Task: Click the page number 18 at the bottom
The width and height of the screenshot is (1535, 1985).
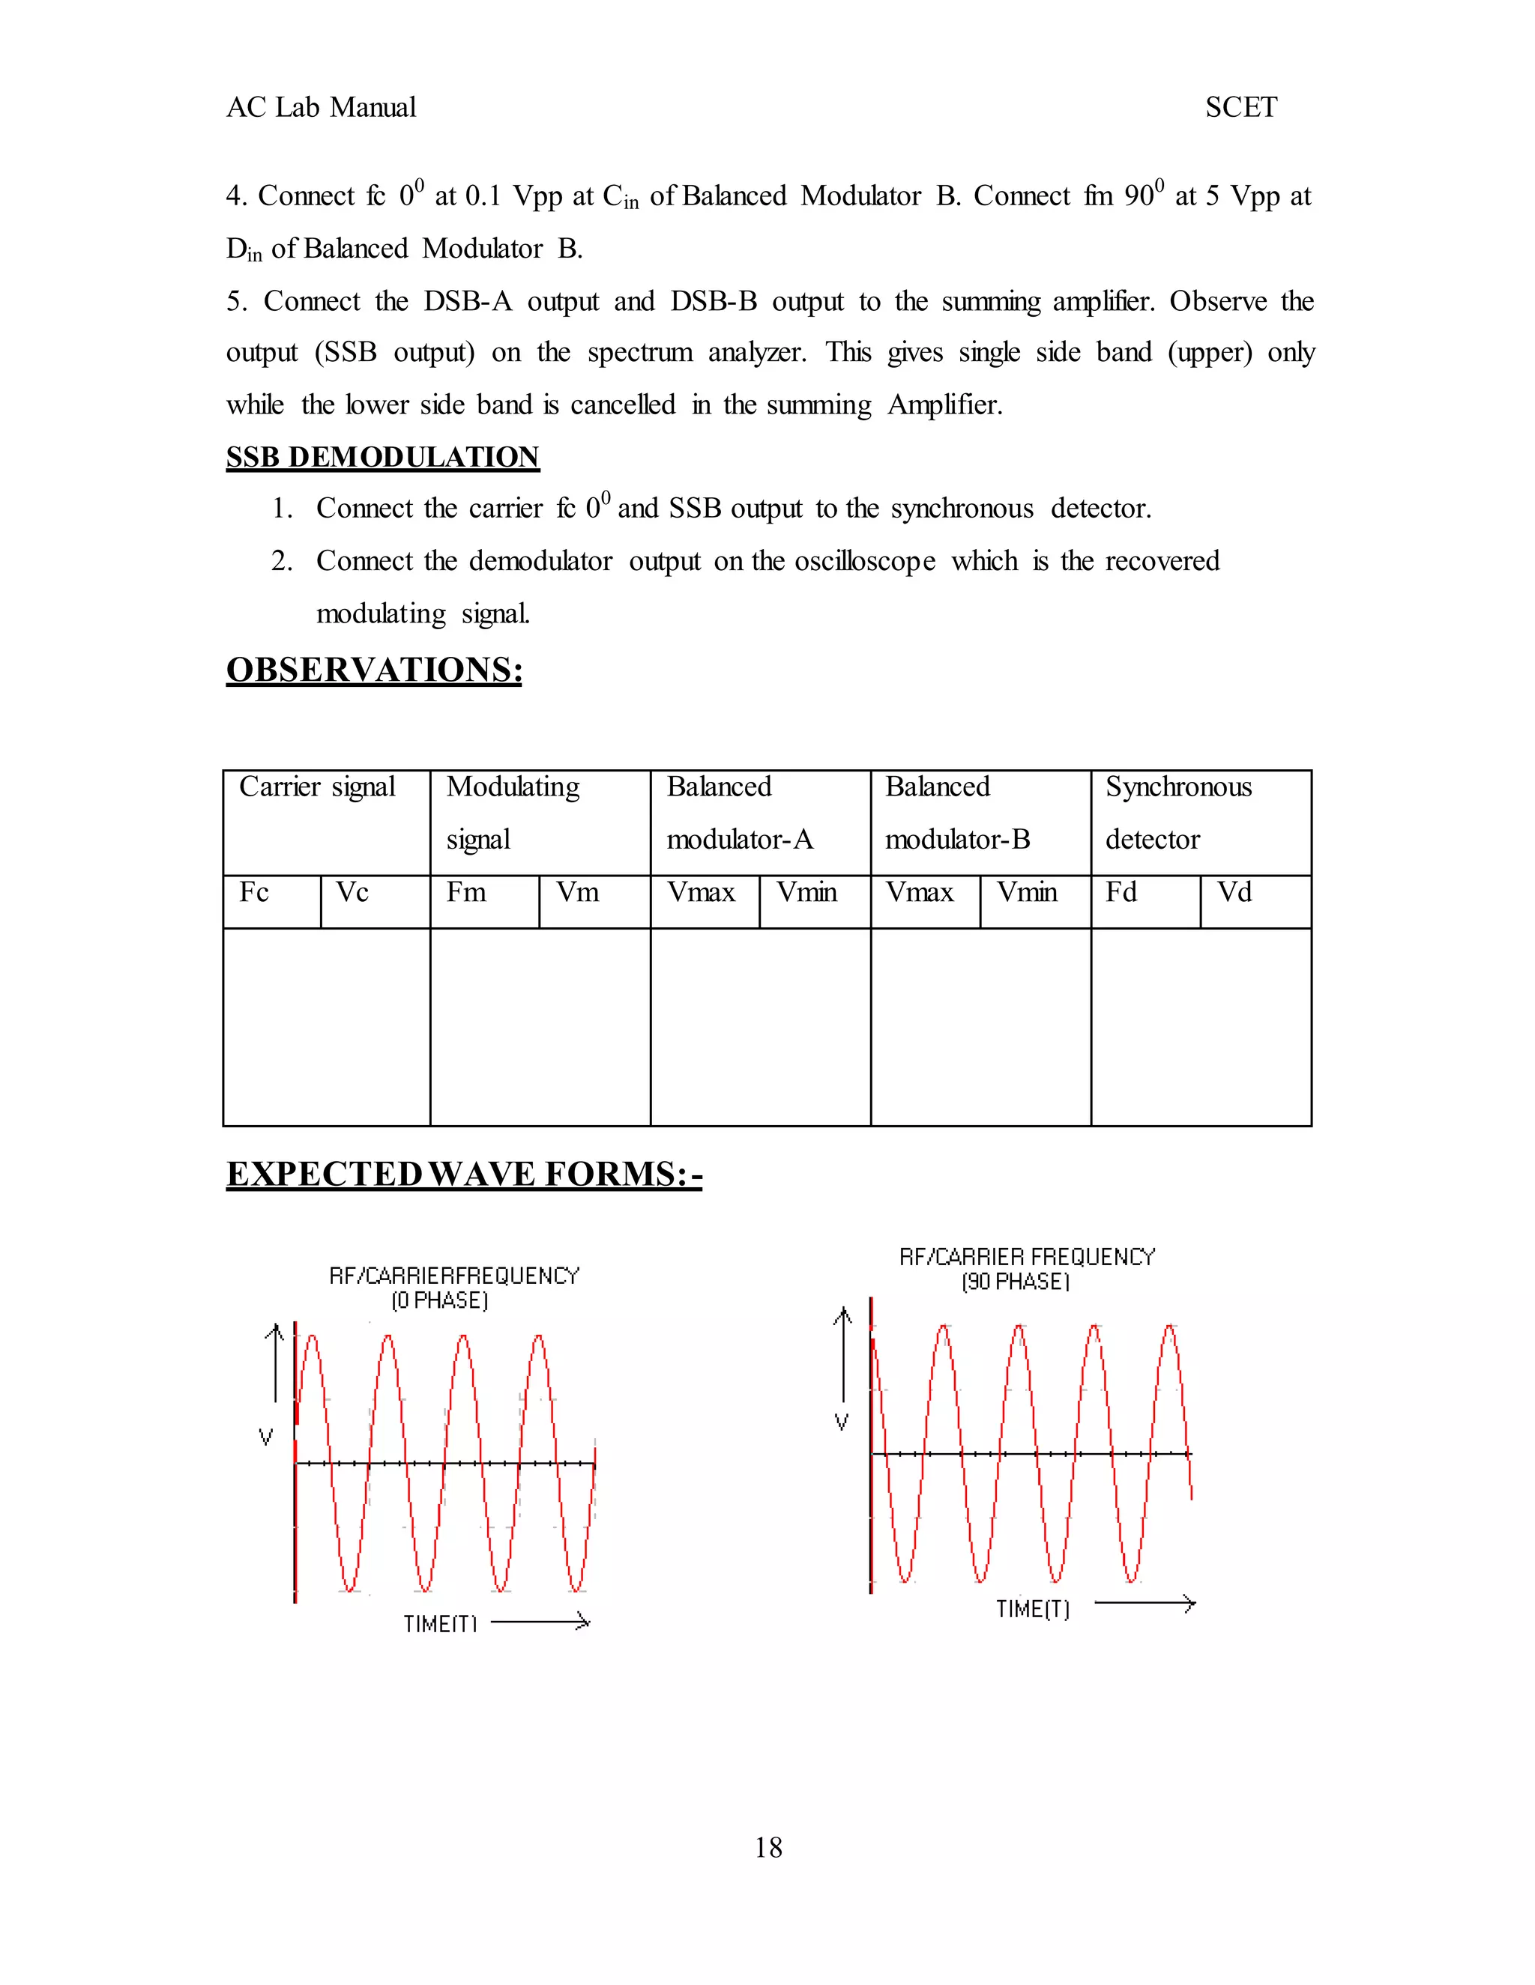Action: [x=767, y=1848]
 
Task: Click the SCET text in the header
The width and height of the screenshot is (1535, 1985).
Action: [x=1240, y=107]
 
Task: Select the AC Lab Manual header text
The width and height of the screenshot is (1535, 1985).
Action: [x=321, y=107]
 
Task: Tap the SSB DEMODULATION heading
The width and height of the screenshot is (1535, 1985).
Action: [x=383, y=456]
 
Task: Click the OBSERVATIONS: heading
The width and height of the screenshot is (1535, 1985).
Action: [x=374, y=670]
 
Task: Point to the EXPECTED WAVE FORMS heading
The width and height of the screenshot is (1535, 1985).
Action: [x=464, y=1173]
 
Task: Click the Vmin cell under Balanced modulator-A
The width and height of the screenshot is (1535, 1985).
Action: [x=806, y=893]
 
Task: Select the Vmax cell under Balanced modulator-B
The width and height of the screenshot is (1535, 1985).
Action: [x=920, y=893]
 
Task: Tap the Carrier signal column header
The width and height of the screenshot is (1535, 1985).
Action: [x=317, y=787]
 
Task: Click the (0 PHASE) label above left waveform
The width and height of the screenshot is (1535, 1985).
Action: [x=440, y=1300]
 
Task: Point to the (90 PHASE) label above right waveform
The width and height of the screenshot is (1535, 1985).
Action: [x=1016, y=1282]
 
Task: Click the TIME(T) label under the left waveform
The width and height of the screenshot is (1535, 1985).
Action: [x=440, y=1623]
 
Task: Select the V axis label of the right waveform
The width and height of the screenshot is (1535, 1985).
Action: [x=842, y=1422]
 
